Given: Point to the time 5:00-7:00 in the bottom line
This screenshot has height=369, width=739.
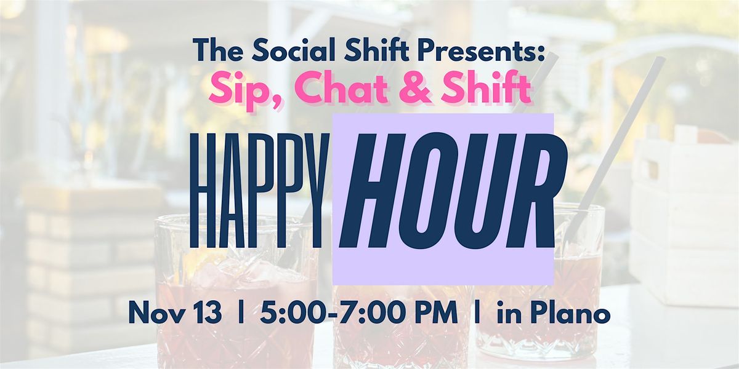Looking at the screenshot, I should pyautogui.click(x=326, y=314).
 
